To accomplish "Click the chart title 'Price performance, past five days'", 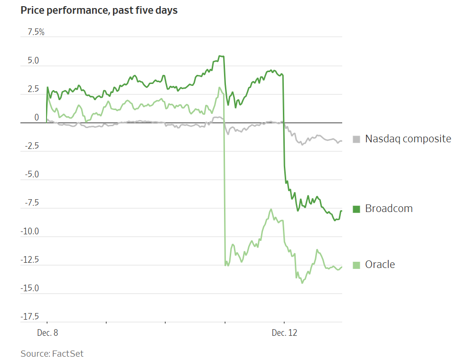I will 99,10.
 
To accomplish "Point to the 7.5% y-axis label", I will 36,32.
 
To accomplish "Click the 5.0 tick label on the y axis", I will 33,61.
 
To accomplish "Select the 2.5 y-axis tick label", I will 33,89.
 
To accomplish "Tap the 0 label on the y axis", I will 37,117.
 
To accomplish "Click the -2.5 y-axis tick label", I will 31,146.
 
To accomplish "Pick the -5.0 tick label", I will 31,175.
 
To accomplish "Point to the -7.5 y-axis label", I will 31,203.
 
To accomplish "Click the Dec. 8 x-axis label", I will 47,333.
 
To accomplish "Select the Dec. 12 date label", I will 284,333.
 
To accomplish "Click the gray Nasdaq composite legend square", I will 356,139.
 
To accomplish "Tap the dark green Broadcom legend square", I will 356,209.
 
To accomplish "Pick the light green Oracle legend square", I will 356,265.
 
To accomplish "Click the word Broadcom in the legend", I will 389,209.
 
